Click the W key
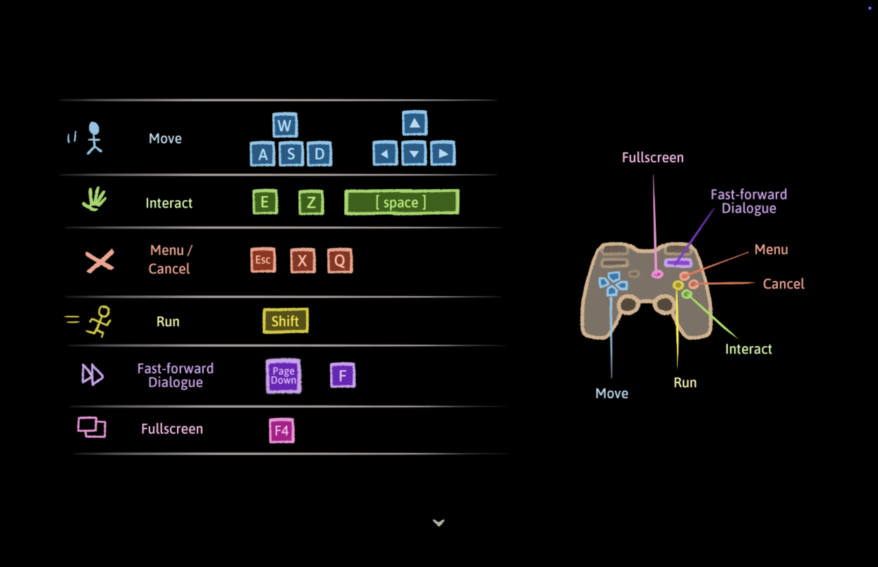(285, 125)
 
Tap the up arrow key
(415, 123)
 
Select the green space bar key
(402, 202)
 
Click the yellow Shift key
(286, 321)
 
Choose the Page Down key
(283, 376)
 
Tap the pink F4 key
(282, 430)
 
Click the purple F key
(343, 375)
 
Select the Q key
(340, 261)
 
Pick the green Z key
(311, 202)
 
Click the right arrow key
(443, 153)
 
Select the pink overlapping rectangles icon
(92, 427)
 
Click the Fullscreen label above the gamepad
(652, 158)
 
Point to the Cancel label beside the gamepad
(783, 284)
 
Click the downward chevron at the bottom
(438, 522)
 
